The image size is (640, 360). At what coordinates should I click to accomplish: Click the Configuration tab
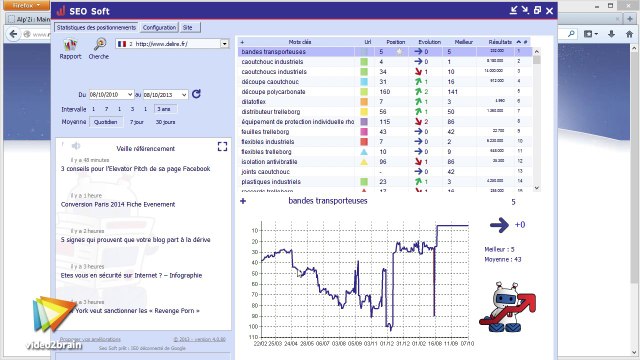(x=160, y=28)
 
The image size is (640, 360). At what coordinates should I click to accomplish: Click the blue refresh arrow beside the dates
(x=197, y=94)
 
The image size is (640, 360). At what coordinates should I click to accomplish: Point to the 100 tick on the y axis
(x=228, y=325)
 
